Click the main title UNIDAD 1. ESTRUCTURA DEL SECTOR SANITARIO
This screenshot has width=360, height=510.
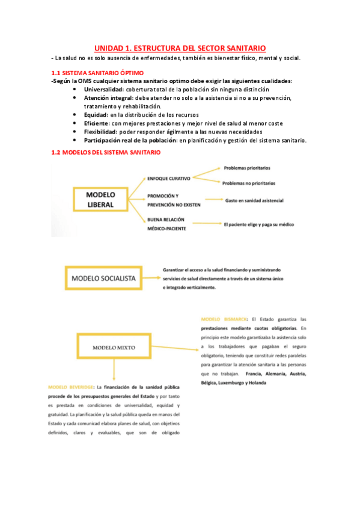[180, 48]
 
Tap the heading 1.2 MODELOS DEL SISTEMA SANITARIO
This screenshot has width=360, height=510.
[106, 153]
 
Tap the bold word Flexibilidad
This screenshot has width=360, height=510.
[100, 132]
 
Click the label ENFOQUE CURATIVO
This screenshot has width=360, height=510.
[168, 179]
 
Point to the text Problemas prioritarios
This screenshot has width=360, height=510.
[246, 169]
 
